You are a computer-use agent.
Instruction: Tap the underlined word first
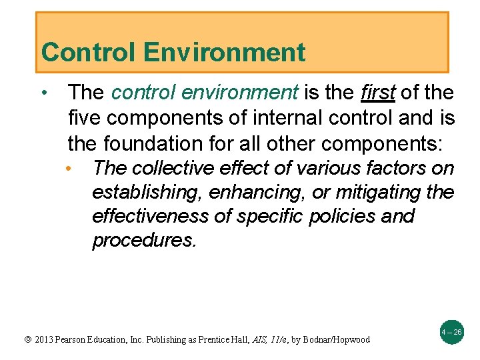point(377,93)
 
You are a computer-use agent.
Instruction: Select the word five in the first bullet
point(83,118)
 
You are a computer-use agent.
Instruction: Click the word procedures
point(144,240)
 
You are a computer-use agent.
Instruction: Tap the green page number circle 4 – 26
point(452,331)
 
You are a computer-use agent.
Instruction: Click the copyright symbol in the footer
point(27,340)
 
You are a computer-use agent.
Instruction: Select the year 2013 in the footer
point(44,340)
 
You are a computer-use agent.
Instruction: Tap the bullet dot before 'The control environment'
point(43,92)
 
